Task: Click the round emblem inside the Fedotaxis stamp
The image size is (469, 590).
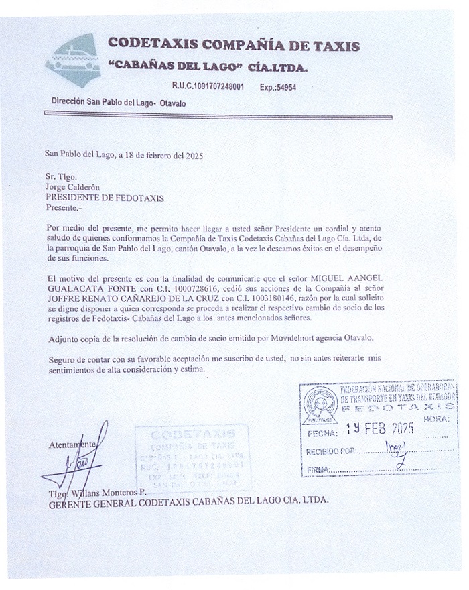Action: pyautogui.click(x=318, y=406)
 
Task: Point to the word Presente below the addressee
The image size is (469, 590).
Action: pyautogui.click(x=63, y=208)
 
